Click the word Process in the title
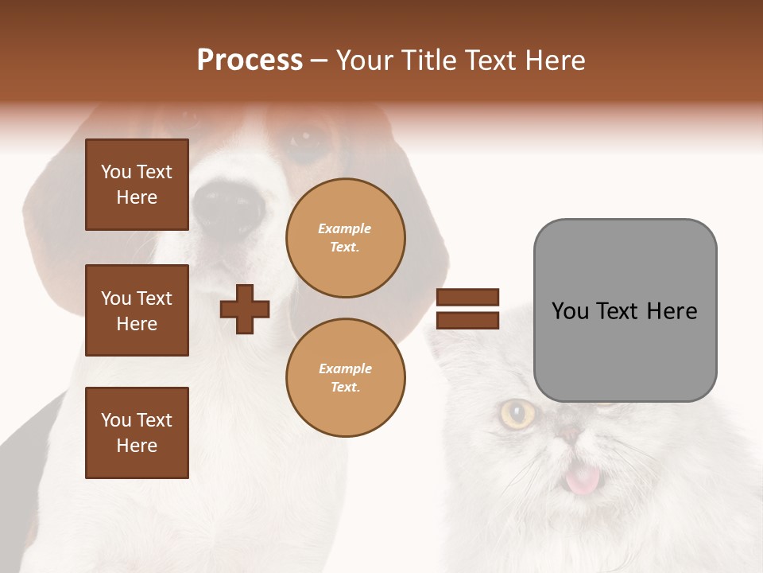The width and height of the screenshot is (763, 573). [250, 60]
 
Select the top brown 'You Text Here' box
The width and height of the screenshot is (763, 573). [137, 185]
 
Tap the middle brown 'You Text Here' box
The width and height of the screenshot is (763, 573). [137, 310]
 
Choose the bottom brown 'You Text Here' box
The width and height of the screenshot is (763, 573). [137, 433]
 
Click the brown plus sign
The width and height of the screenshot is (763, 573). [245, 309]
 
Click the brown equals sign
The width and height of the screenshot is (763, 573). [467, 309]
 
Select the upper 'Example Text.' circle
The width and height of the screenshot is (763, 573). [345, 238]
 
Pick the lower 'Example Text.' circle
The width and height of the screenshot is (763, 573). [345, 377]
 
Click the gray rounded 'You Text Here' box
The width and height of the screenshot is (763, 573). [625, 310]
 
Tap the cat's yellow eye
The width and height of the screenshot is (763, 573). [517, 413]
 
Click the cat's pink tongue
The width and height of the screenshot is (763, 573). [583, 479]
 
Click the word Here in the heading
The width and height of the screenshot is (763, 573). [555, 60]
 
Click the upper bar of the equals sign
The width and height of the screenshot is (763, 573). [467, 298]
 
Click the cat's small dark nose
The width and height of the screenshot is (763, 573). [570, 434]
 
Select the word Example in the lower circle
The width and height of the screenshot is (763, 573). [345, 368]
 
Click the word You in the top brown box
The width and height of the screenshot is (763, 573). [116, 172]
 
